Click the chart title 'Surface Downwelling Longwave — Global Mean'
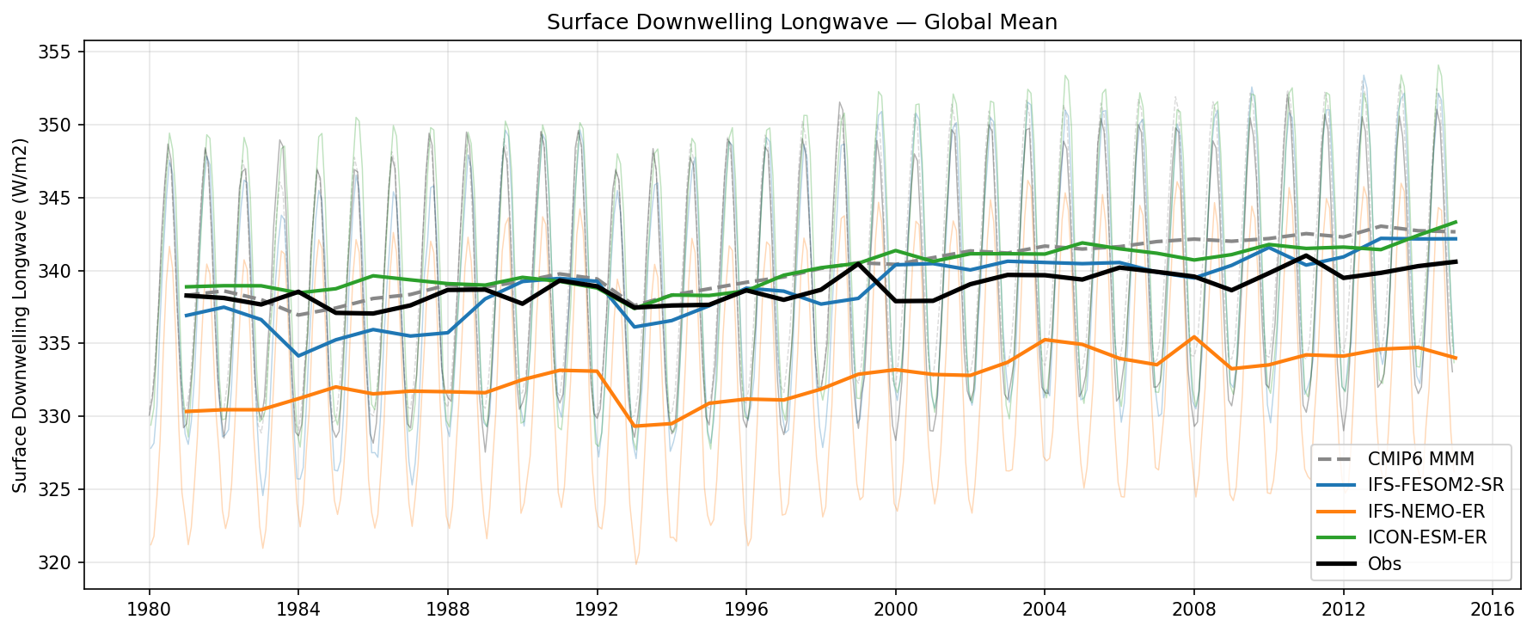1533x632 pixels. (801, 22)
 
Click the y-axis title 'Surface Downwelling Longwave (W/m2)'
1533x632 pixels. (21, 315)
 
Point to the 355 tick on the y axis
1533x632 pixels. (58, 52)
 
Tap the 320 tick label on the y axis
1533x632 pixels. (58, 564)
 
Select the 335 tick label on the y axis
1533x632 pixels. (58, 345)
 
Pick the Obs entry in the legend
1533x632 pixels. (1384, 564)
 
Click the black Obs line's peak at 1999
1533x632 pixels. (858, 263)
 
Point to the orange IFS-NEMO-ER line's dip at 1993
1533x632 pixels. (634, 426)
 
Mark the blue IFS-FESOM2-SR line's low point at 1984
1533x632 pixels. (298, 356)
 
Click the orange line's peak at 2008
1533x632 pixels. (1193, 337)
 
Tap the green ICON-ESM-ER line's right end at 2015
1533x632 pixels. (1455, 222)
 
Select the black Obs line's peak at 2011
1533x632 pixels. (1306, 255)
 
